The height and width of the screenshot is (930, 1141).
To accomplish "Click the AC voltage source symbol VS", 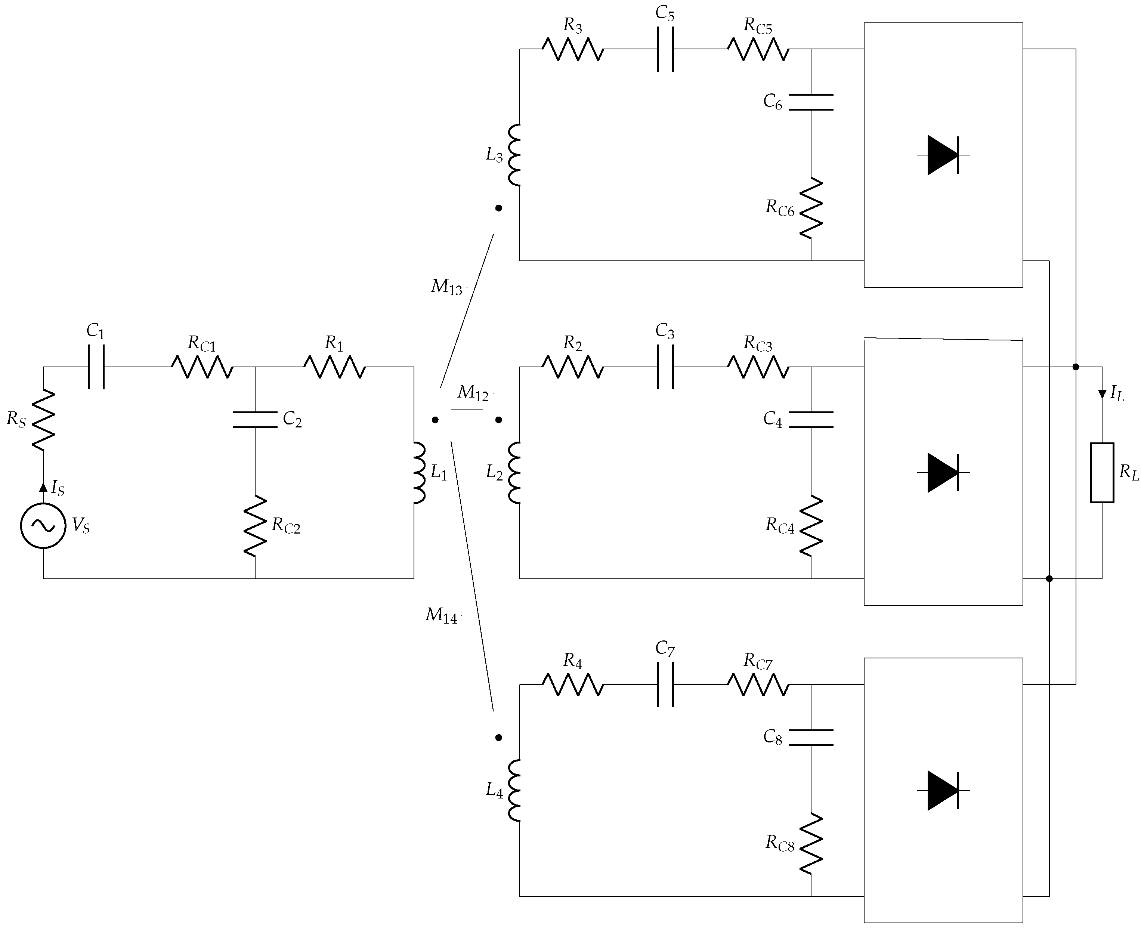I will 43,526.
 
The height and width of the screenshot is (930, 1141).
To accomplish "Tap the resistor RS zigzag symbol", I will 43,418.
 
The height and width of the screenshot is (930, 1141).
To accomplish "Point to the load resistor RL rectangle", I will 1102,473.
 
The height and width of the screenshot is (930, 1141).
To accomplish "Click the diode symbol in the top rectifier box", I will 943,155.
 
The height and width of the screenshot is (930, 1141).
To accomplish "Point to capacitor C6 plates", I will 811,102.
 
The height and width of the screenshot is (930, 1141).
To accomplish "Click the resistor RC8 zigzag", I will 811,843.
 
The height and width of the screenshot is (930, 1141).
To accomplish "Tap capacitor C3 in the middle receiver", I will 665,367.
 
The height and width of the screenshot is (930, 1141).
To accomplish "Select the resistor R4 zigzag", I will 573,685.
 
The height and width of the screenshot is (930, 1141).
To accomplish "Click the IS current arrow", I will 43,487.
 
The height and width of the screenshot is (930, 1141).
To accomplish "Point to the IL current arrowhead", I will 1102,394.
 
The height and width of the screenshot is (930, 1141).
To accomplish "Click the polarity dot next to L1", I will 435,420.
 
